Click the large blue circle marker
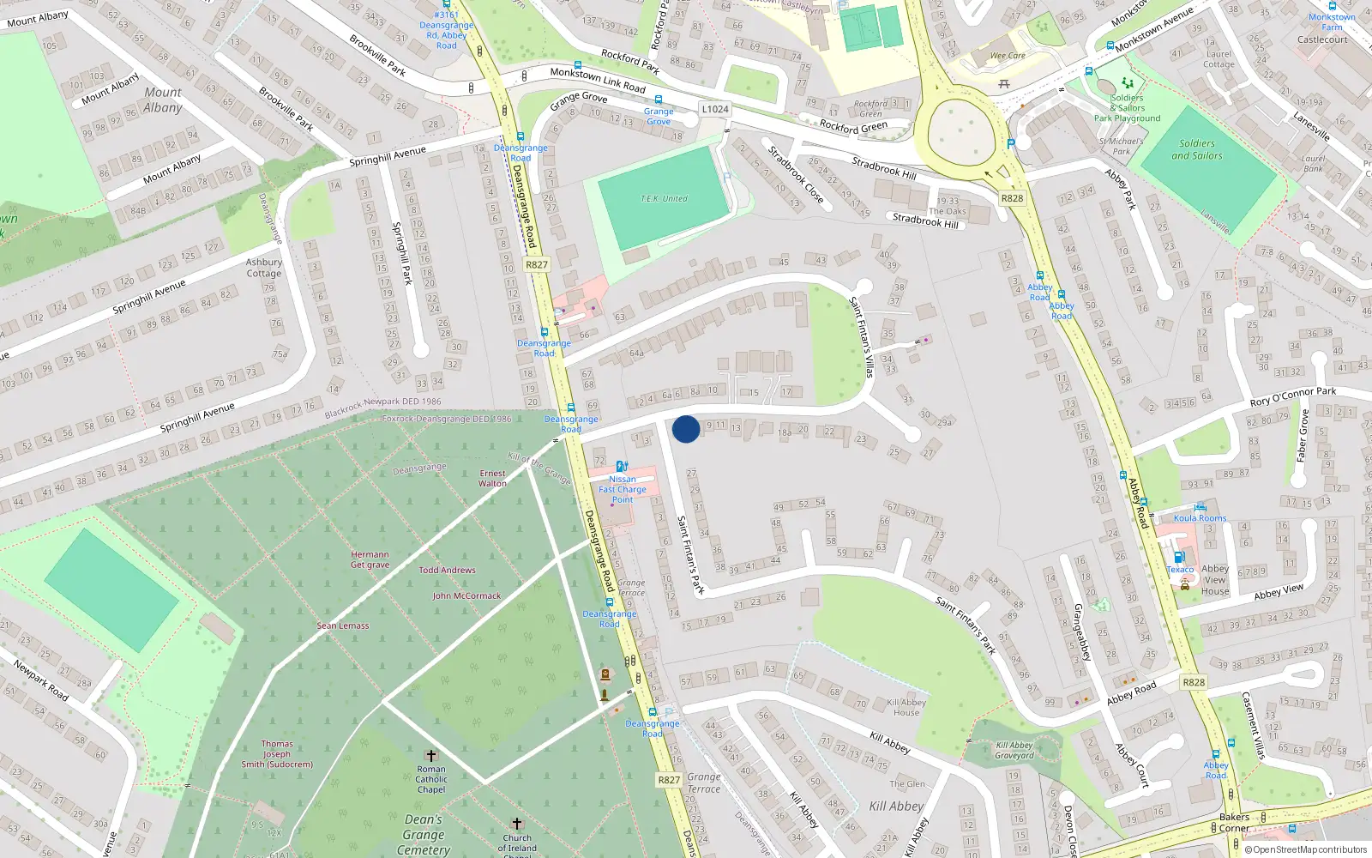pos(686,429)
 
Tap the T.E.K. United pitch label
pos(664,199)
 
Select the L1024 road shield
pos(715,109)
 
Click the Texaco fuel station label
pos(1180,570)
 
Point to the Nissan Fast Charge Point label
pos(623,489)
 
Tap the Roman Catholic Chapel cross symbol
pos(431,755)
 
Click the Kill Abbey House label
pos(906,707)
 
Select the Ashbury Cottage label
pos(264,268)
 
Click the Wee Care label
pos(1008,56)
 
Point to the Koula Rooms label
pos(1200,518)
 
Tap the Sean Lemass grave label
pos(343,625)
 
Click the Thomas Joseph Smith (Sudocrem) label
pos(277,754)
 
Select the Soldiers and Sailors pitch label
pos(1197,149)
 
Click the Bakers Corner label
pos(1234,822)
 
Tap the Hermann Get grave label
pos(370,559)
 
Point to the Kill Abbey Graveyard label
pos(1014,751)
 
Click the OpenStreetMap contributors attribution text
pos(1305,849)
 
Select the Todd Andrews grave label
pos(447,570)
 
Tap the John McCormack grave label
pos(466,595)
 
